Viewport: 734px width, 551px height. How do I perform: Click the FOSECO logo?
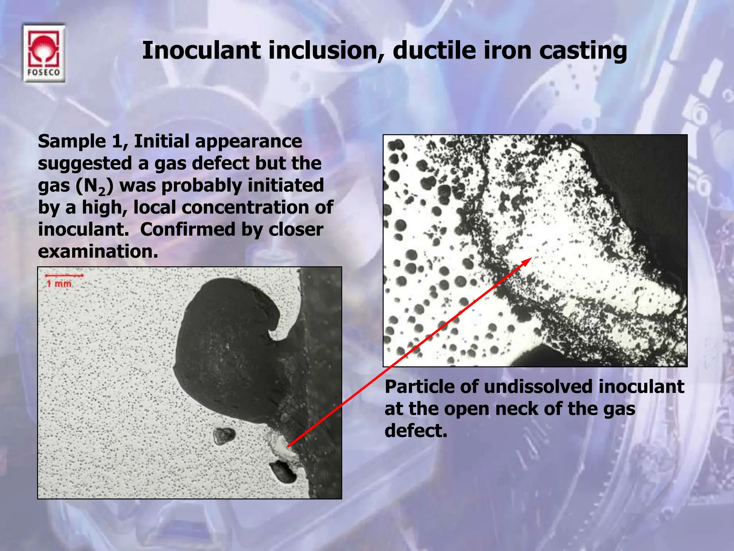[x=44, y=54]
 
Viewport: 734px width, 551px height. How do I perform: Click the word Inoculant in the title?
[x=201, y=50]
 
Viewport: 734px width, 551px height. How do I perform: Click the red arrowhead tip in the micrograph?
[x=529, y=259]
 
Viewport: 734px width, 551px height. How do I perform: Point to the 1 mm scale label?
[x=59, y=284]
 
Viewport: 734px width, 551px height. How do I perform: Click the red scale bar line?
[x=64, y=275]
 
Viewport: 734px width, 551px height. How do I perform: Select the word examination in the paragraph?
[x=98, y=252]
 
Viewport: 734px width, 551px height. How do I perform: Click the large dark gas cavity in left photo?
[x=229, y=344]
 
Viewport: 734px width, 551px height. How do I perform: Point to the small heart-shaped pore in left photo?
[x=223, y=435]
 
